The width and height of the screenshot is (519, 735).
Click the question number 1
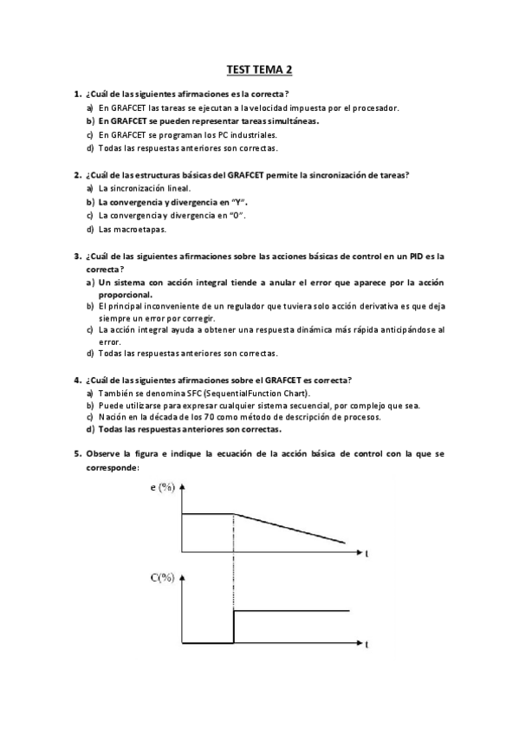pyautogui.click(x=77, y=94)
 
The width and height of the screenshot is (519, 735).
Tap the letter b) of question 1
pyautogui.click(x=90, y=121)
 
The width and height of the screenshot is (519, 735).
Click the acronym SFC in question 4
pyautogui.click(x=180, y=394)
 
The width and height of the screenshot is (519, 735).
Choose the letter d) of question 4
pyautogui.click(x=90, y=429)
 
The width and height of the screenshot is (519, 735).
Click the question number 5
pyautogui.click(x=77, y=453)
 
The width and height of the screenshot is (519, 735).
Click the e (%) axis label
pyautogui.click(x=162, y=487)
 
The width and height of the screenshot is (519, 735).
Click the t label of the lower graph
pyautogui.click(x=367, y=645)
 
